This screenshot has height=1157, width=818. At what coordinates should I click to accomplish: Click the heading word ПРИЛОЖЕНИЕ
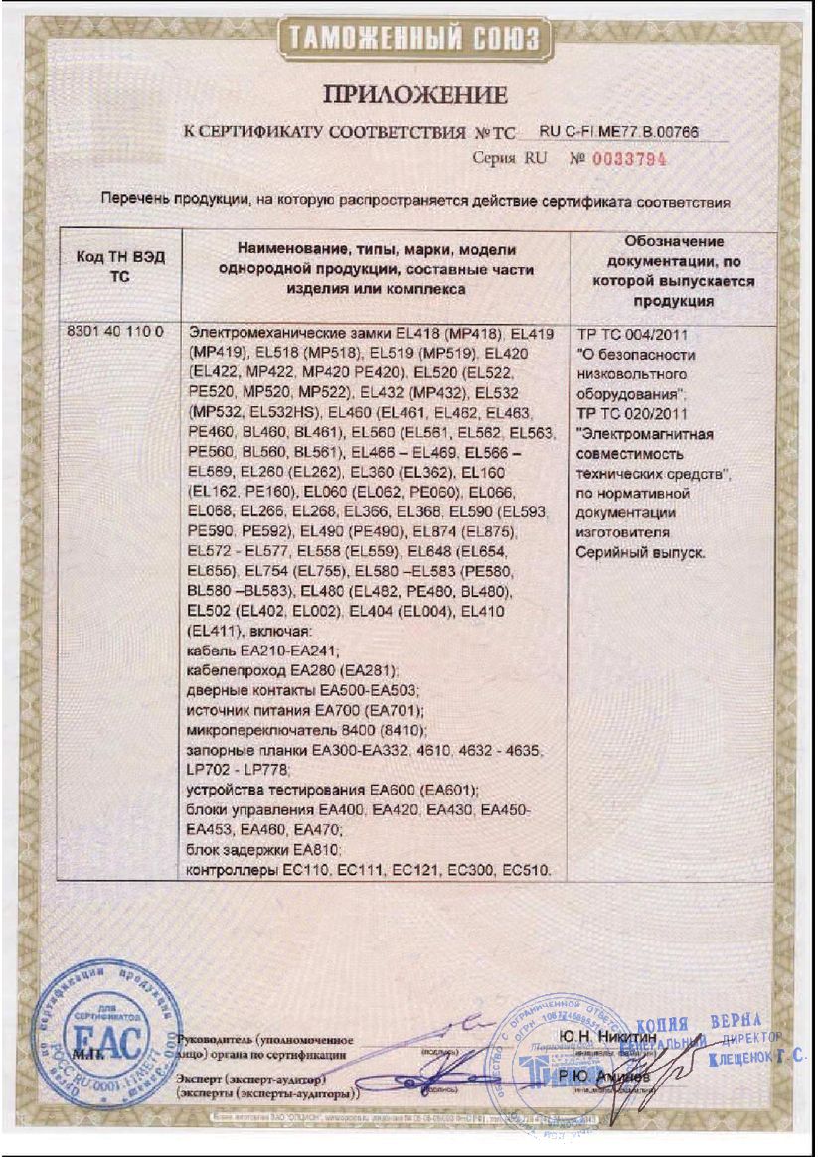tap(415, 95)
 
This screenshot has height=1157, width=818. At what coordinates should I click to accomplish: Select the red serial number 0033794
tap(631, 158)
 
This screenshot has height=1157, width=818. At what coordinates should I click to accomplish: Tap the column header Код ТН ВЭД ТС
tap(120, 268)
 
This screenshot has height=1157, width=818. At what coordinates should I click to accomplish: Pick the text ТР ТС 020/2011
tap(630, 415)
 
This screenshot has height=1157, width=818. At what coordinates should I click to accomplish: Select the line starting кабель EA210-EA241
tap(263, 651)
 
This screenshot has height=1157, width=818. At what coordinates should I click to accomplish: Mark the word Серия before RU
tap(493, 158)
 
